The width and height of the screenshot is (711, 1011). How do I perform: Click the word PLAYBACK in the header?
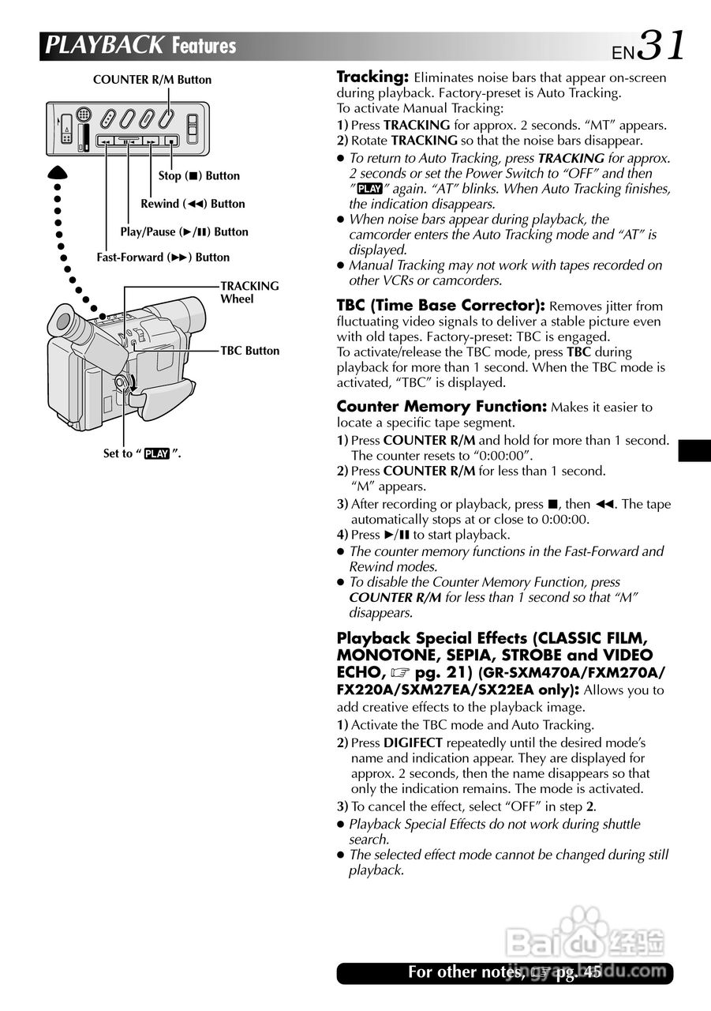105,46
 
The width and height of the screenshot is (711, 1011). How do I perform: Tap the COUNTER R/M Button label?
152,80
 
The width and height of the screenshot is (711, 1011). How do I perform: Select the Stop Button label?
199,176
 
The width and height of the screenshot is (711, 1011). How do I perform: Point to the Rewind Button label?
193,204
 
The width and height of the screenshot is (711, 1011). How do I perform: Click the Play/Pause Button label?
184,232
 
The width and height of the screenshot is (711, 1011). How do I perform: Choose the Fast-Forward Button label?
163,257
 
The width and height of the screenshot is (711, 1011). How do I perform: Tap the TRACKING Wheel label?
249,292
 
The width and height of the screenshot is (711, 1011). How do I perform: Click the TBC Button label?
249,351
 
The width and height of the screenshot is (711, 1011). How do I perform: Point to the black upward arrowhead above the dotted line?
58,173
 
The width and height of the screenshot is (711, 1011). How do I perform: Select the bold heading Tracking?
372,77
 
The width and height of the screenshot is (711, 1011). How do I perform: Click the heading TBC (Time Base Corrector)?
440,306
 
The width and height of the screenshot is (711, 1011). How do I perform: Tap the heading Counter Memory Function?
441,407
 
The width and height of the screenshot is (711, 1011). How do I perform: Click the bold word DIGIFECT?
413,742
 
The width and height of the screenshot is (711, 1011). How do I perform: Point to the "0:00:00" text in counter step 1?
500,456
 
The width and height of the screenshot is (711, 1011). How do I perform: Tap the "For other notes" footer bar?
505,973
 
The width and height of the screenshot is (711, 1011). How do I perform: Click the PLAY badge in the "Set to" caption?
157,454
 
